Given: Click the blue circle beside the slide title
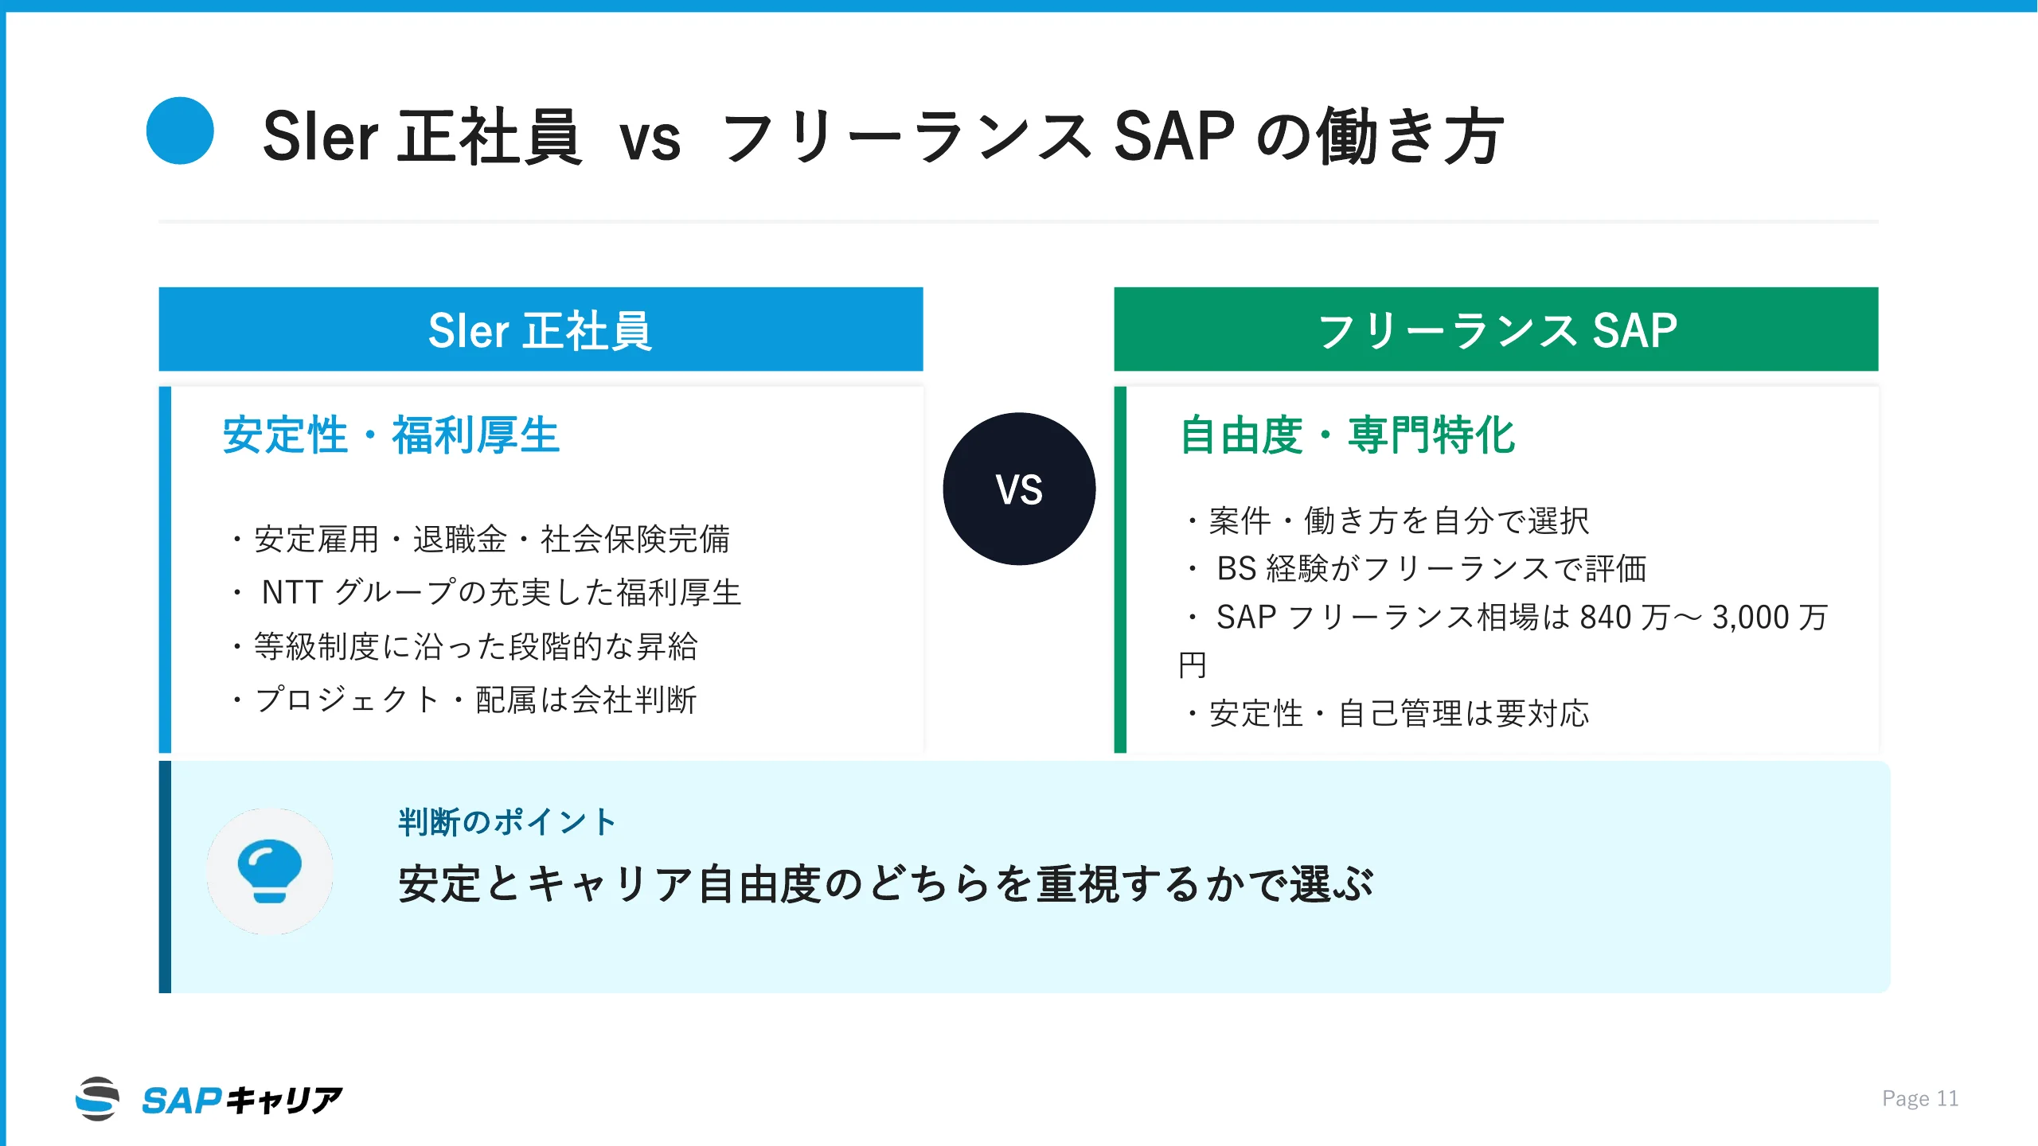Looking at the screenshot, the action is pyautogui.click(x=180, y=131).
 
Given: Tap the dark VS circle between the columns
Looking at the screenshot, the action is pyautogui.click(x=1019, y=489).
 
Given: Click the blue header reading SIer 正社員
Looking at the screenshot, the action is pyautogui.click(x=541, y=329).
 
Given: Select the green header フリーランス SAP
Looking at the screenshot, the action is pyautogui.click(x=1496, y=329).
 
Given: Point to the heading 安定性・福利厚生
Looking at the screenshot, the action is pyautogui.click(x=392, y=435).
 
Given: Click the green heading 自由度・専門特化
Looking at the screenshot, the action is pyautogui.click(x=1347, y=435).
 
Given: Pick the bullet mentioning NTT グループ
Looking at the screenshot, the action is pyautogui.click(x=486, y=593).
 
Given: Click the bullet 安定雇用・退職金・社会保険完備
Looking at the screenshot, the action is pyautogui.click(x=481, y=540).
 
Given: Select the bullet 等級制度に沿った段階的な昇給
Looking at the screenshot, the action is pyautogui.click(x=465, y=646).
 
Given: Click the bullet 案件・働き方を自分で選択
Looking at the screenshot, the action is pyautogui.click(x=1388, y=521).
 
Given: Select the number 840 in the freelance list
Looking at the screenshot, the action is pyautogui.click(x=1605, y=618).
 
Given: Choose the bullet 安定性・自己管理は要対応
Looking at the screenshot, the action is pyautogui.click(x=1388, y=714).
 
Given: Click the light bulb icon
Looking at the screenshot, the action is pyautogui.click(x=270, y=871).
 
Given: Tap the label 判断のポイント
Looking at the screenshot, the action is pyautogui.click(x=507, y=822).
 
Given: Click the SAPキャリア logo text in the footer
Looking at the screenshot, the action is pyautogui.click(x=242, y=1100).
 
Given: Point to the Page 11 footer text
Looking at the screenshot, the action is pyautogui.click(x=1919, y=1099).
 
